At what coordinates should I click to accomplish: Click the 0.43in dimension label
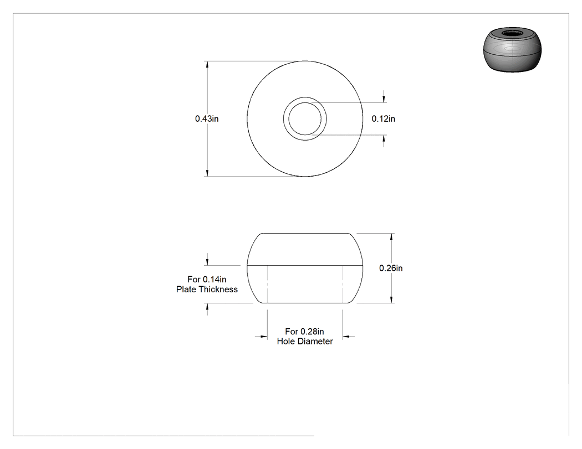(207, 118)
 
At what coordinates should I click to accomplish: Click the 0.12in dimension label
(384, 118)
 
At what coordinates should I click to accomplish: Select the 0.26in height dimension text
(391, 268)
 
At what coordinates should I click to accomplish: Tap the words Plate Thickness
(207, 289)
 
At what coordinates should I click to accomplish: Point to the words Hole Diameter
(305, 341)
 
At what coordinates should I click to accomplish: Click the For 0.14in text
(207, 279)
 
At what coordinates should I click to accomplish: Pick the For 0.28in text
(304, 331)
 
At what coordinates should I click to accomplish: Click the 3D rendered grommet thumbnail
(512, 49)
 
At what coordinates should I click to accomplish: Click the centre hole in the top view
(305, 118)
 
